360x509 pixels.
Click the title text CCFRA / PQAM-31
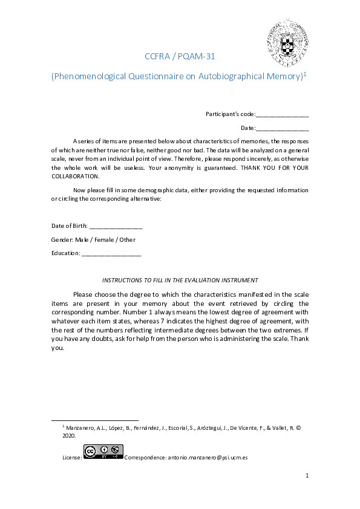point(180,57)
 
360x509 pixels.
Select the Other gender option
point(127,239)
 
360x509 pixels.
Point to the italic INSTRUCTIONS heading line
point(180,280)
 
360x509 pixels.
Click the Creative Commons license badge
point(103,452)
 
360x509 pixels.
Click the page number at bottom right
point(307,476)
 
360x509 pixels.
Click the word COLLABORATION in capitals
point(75,176)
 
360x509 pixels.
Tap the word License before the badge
point(72,458)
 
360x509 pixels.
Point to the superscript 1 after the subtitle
point(306,74)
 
